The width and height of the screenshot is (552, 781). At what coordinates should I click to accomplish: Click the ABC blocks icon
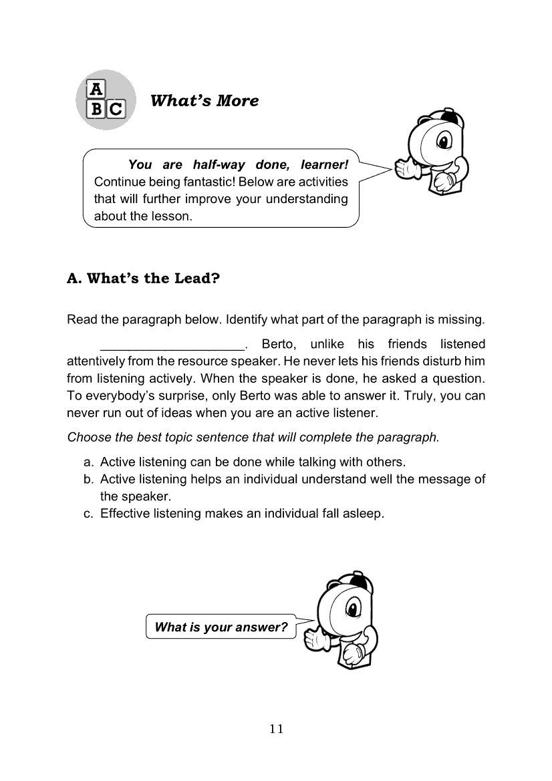106,100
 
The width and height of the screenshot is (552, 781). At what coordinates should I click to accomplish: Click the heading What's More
204,101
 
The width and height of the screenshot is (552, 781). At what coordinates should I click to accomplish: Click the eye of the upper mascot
442,142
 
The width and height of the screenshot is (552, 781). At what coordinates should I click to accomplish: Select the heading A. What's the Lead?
143,278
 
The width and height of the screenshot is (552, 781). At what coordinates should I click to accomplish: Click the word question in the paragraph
458,379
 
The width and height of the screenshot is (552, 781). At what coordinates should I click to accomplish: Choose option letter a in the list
88,462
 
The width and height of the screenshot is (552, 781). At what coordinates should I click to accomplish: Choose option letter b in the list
88,480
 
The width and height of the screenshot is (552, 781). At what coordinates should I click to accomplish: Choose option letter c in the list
88,514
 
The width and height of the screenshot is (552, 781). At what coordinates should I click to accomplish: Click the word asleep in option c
366,514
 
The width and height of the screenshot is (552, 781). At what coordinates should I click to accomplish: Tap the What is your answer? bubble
221,627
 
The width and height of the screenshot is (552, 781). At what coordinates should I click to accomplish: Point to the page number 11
276,729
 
